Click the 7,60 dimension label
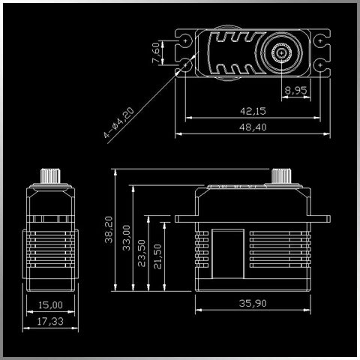click(x=155, y=52)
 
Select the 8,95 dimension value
click(x=295, y=90)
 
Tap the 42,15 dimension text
click(x=253, y=111)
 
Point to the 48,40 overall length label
click(x=253, y=127)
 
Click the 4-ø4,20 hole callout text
click(x=119, y=122)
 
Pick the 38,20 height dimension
click(x=109, y=229)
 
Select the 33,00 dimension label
click(x=127, y=238)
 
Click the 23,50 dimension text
click(x=142, y=253)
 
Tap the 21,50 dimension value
click(x=157, y=256)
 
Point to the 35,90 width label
click(x=253, y=303)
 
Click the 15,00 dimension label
click(x=50, y=305)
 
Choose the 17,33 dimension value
click(x=50, y=321)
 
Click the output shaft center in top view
click(x=282, y=53)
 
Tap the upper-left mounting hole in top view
click(x=185, y=40)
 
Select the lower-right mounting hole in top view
click(x=320, y=65)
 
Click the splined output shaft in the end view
click(x=50, y=176)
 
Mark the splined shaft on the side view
click(x=281, y=176)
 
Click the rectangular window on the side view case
click(x=228, y=253)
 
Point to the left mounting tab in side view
click(x=185, y=219)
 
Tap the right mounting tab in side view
click(x=320, y=219)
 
